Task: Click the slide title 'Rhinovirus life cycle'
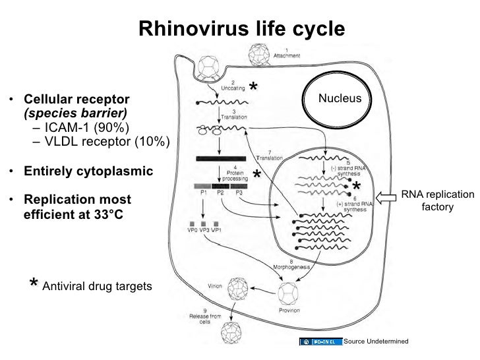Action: coord(241,29)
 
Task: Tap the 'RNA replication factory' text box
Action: coord(438,201)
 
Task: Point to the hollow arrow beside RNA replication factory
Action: coord(387,196)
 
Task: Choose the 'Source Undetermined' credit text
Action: coord(376,341)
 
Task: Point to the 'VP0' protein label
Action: coord(189,230)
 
